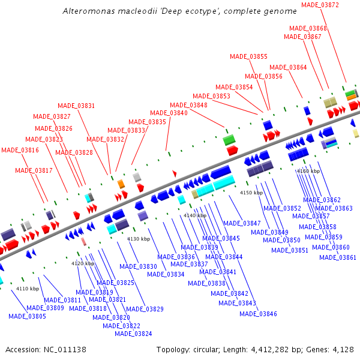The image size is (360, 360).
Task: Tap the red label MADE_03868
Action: pos(308,28)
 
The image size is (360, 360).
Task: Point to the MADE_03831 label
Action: pos(76,106)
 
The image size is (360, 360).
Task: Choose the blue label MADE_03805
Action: pos(26,316)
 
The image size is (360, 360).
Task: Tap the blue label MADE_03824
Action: pos(133,334)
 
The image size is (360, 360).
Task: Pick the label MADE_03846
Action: pos(258,313)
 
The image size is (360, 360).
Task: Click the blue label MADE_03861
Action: pos(338,257)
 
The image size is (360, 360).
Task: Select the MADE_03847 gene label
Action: pos(242,223)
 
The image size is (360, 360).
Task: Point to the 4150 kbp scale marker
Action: pos(251,193)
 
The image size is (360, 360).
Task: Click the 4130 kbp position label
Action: pos(138,239)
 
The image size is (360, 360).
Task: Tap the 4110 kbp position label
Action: pos(27,289)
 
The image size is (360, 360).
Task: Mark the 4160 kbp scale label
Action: pos(308,171)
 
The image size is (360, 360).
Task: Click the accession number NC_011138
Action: pos(65,349)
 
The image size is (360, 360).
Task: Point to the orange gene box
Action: pos(121,184)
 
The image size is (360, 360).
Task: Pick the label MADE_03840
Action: pos(169,113)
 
